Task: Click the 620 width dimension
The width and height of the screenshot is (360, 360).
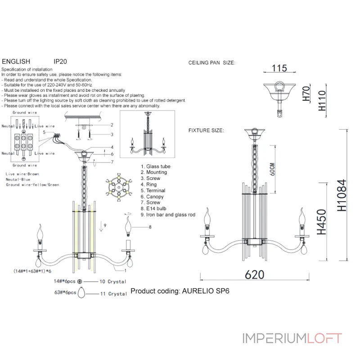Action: [254, 274]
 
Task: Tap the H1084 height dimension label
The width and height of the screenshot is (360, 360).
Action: [342, 195]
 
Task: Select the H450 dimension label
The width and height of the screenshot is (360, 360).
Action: [321, 222]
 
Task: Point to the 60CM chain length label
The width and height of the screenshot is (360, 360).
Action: [272, 169]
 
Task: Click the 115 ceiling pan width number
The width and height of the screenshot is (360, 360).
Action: [279, 68]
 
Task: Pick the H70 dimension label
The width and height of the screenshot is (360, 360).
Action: [306, 94]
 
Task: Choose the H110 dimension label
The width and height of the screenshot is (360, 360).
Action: [322, 100]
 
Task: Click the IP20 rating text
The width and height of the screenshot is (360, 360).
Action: [60, 62]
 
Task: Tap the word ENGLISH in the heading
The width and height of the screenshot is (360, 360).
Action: [16, 62]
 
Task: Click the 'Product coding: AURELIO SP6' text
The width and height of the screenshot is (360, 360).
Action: [180, 291]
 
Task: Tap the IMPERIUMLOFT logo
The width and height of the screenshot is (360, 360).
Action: [292, 338]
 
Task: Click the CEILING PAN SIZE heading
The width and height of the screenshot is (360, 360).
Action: [211, 63]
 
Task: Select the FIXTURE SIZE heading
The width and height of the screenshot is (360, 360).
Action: [206, 130]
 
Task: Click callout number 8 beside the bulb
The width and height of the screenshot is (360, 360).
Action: [150, 227]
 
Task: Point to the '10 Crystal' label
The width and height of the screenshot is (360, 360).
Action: [113, 282]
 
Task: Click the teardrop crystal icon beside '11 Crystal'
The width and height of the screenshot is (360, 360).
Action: [81, 292]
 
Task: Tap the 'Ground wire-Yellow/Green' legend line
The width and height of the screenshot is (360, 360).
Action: [32, 185]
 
